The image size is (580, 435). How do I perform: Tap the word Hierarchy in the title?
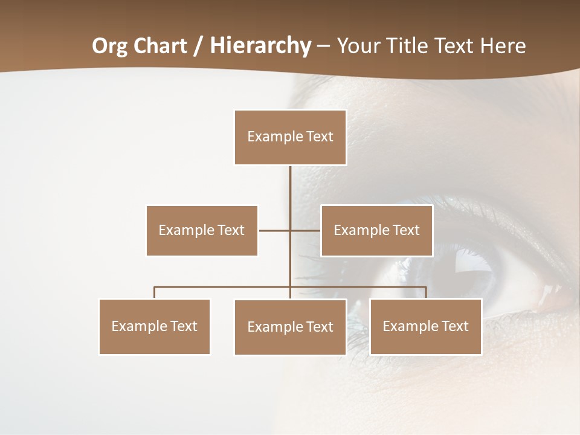[260, 46]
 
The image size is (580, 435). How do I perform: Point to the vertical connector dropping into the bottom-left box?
[155, 293]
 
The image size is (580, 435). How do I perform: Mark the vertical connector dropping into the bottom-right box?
[426, 293]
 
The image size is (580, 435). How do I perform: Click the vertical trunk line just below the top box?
[290, 181]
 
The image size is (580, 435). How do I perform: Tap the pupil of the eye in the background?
[465, 266]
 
